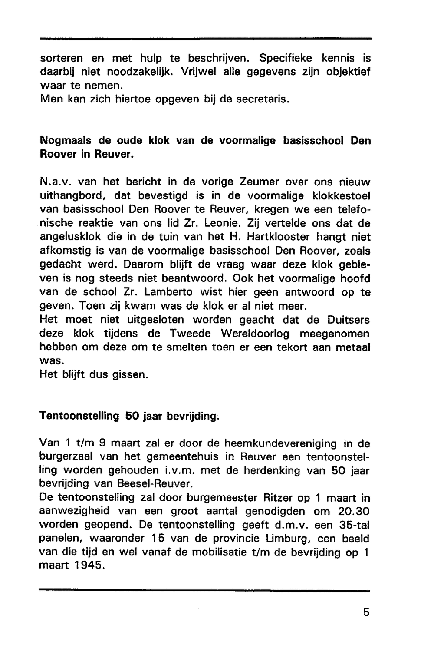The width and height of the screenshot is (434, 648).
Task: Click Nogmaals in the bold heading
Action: [66, 141]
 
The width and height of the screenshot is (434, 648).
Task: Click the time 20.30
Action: [354, 511]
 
